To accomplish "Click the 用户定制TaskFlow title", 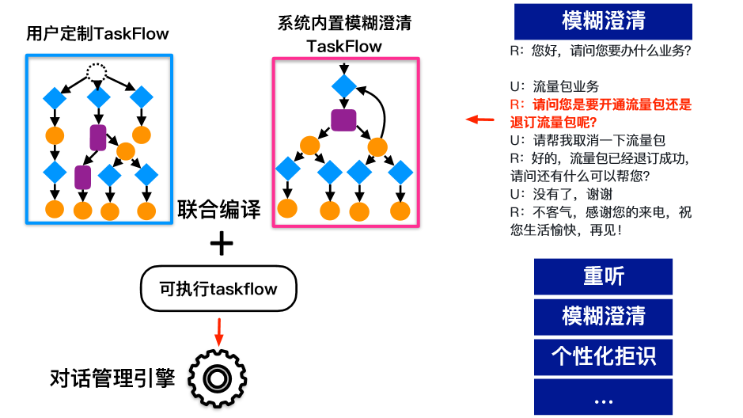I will tap(98, 34).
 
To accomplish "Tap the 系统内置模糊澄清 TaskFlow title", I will tap(344, 34).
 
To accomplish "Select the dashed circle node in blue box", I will tap(96, 73).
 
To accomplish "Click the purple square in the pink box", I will tap(343, 120).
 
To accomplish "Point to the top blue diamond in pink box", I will tap(344, 85).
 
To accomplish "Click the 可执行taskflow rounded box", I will tap(219, 288).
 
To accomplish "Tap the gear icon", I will tap(214, 379).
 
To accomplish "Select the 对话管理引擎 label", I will tap(112, 379).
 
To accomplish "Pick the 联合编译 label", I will tap(219, 210).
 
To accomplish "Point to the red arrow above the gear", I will tap(219, 327).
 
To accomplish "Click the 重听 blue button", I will tap(603, 276).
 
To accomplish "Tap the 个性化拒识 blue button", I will tap(603, 355).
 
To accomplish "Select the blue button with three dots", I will tap(603, 398).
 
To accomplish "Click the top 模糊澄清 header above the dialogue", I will tap(603, 21).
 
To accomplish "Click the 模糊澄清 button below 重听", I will tap(603, 316).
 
